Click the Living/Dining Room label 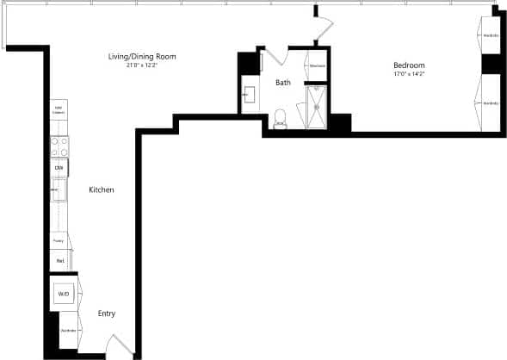coord(141,56)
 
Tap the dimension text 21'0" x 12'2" coord(141,65)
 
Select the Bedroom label coord(408,65)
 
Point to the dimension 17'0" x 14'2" coord(408,74)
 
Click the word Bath coord(282,83)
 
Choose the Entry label coord(106,313)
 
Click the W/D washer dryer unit coord(64,294)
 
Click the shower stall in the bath coord(317,106)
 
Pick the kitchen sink coord(59,189)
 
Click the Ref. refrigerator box coord(60,259)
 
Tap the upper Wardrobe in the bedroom coord(490,36)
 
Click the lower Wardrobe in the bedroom coord(490,103)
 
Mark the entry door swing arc coord(121,346)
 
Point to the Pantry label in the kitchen coord(59,240)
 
